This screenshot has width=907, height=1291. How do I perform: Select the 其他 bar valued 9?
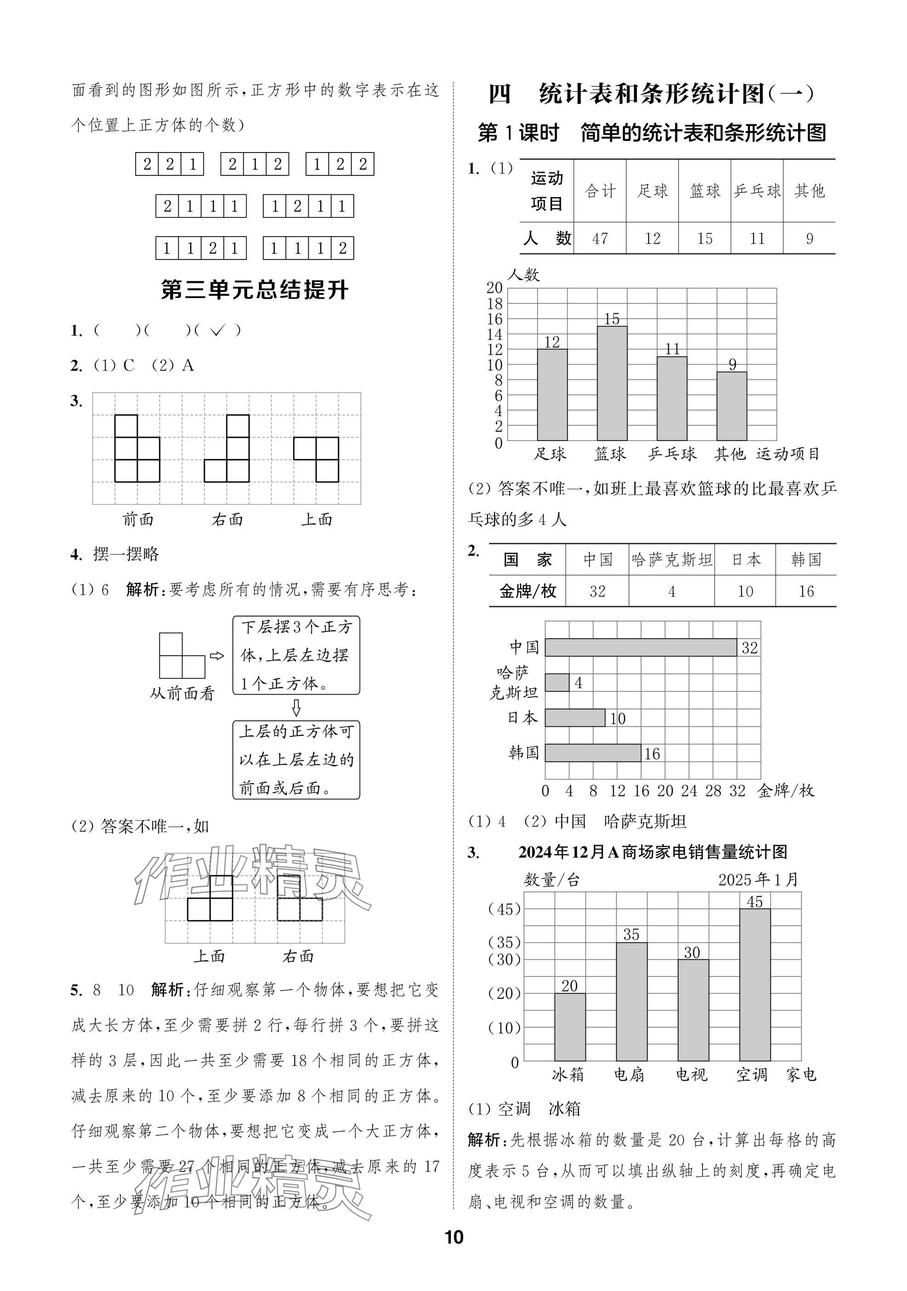point(731,406)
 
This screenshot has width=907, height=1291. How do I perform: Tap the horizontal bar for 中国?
point(641,647)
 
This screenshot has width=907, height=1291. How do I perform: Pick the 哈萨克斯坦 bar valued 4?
point(557,683)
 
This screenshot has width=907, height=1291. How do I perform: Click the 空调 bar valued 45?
point(754,985)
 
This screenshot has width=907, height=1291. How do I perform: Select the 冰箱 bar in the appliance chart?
point(570,1027)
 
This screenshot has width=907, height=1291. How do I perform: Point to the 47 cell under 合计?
point(600,238)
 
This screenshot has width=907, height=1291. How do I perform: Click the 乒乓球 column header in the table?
point(757,191)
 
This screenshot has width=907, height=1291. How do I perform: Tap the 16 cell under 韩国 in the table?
point(806,591)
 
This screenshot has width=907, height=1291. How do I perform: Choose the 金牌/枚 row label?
point(527,591)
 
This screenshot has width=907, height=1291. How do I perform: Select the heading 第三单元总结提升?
point(254,291)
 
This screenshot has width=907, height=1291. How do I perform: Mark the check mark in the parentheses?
point(217,331)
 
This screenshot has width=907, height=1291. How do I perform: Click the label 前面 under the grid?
point(138,520)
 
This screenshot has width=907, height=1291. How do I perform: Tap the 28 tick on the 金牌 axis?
point(713,791)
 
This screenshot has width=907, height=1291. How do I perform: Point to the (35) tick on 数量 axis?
point(505,942)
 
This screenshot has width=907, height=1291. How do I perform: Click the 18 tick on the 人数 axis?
point(495,304)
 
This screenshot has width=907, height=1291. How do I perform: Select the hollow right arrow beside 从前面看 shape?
point(216,656)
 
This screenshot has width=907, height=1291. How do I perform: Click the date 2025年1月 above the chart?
point(758,880)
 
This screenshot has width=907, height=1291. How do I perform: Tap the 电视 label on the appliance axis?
point(691,1075)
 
